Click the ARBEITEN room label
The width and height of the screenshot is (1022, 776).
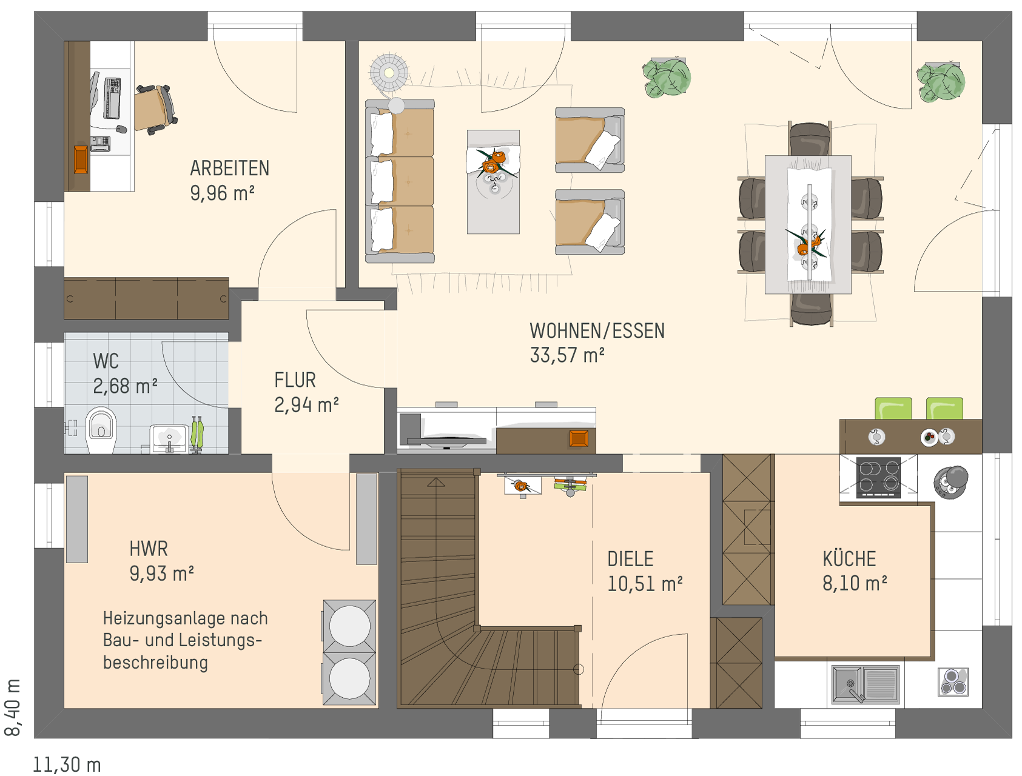tap(229, 168)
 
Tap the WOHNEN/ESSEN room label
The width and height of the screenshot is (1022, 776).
tap(597, 330)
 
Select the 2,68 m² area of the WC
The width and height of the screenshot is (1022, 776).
tap(125, 386)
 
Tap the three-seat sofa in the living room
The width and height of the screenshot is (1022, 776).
tap(400, 181)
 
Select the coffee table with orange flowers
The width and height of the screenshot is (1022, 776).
tap(493, 181)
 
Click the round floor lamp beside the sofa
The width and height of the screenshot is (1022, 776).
tap(389, 73)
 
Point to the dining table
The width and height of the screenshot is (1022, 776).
tap(808, 224)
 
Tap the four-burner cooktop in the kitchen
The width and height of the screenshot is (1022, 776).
tap(878, 477)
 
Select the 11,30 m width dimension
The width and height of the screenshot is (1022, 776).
tap(67, 765)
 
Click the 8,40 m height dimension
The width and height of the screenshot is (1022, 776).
tap(13, 707)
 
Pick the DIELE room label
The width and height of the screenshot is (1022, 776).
tap(630, 559)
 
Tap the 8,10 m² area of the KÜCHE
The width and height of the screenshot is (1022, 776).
tap(855, 583)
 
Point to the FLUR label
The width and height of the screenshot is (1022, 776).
tap(295, 380)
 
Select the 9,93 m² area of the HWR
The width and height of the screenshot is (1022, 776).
tap(161, 573)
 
